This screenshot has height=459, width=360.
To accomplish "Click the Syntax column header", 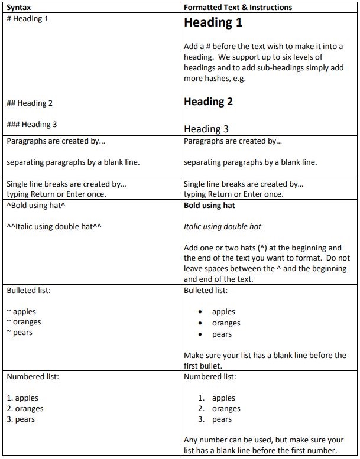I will click(19, 8).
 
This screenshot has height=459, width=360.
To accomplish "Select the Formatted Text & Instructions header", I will click(238, 8).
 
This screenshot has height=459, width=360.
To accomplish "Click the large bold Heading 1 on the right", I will click(213, 23).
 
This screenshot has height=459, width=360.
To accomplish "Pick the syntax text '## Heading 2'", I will click(30, 103).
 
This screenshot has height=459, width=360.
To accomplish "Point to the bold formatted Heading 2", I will click(208, 102).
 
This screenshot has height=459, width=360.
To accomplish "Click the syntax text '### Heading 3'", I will click(32, 125).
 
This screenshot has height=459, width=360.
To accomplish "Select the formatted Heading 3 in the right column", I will click(206, 129).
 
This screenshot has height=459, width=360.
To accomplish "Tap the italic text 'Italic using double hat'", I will click(222, 226).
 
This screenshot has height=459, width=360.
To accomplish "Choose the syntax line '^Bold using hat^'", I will click(35, 206).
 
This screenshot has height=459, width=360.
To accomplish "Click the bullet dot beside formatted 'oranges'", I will click(200, 324).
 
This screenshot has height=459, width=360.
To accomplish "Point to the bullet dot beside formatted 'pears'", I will click(200, 335).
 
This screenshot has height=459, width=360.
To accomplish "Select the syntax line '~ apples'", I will click(21, 312).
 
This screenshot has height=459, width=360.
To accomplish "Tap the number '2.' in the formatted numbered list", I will click(202, 409).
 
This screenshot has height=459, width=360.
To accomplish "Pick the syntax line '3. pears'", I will click(21, 419).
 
